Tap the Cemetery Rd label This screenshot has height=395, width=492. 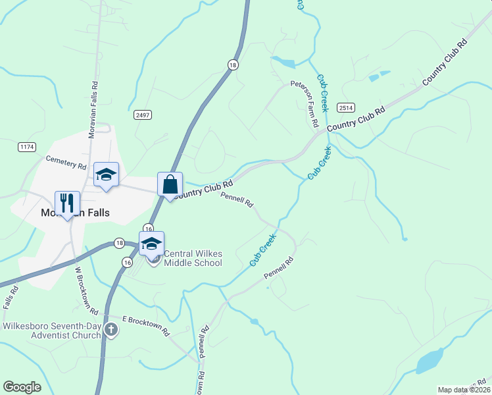click(x=66, y=163)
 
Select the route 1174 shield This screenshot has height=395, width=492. click(x=27, y=147)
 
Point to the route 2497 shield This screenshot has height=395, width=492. click(x=142, y=115)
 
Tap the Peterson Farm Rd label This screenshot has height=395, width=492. click(x=306, y=105)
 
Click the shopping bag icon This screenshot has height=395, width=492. click(x=170, y=185)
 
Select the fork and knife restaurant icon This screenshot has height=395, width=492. click(x=67, y=203)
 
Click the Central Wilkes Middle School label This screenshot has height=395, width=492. click(x=192, y=258)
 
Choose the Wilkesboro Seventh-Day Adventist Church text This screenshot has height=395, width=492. click(x=52, y=330)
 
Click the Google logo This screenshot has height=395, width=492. click(x=22, y=387)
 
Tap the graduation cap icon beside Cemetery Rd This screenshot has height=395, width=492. click(x=106, y=174)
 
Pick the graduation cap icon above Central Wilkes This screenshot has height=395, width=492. click(x=151, y=243)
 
